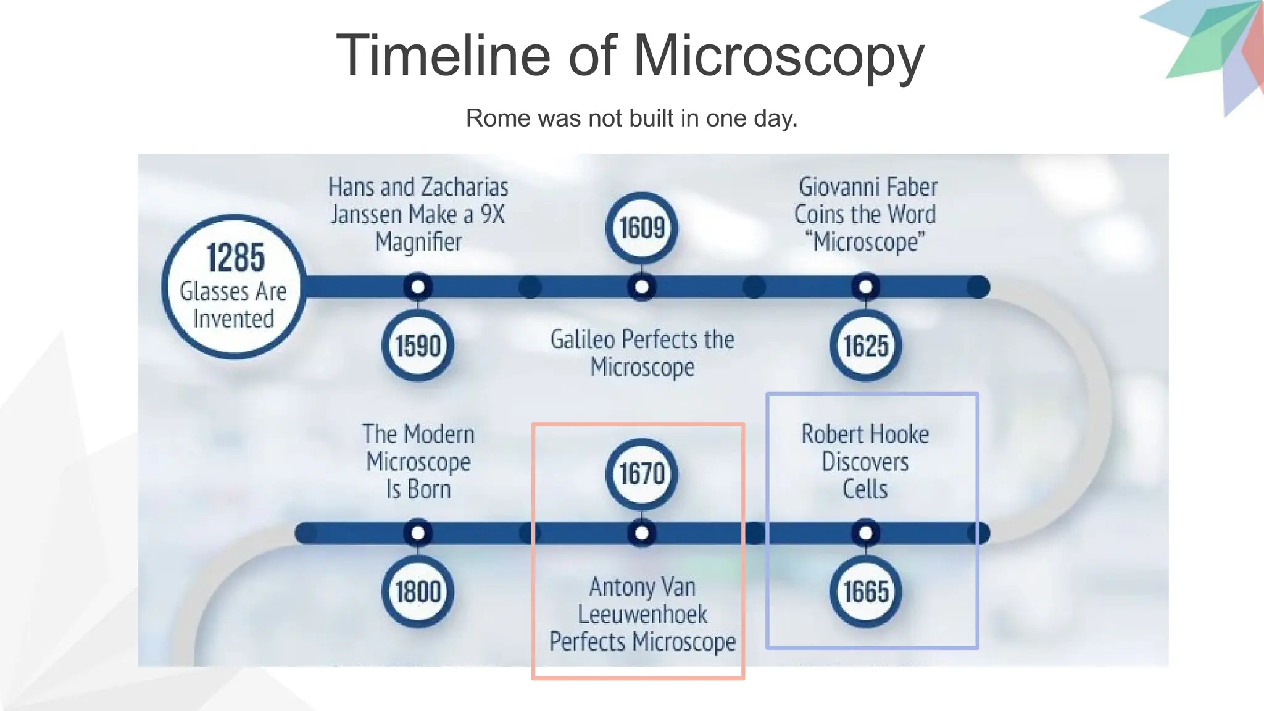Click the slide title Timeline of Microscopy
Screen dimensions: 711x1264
(630, 56)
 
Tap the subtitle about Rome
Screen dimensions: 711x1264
(631, 118)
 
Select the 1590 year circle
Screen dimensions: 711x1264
(418, 346)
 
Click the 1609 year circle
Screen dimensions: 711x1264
(642, 228)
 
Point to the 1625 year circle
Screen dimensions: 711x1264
(865, 346)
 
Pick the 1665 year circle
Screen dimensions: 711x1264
(865, 592)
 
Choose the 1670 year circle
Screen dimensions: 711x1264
(642, 473)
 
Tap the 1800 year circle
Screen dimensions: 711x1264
(418, 592)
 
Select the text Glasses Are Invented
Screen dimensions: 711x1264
(233, 305)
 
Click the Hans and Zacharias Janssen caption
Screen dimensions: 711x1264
(418, 214)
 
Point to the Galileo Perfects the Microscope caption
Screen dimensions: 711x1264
(642, 353)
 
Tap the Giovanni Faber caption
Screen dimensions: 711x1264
(865, 214)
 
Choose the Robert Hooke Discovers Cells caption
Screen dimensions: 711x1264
(865, 461)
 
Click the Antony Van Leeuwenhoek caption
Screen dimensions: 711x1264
(642, 614)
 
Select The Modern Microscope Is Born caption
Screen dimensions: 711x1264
(418, 461)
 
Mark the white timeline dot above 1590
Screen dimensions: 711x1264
(418, 287)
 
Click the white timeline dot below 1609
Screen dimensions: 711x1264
(642, 287)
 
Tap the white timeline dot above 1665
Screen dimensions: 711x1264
(865, 533)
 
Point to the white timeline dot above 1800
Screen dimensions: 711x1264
(418, 533)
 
